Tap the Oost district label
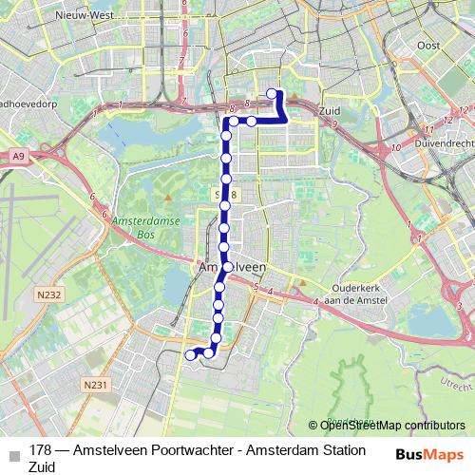pyautogui.click(x=429, y=45)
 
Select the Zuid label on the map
pyautogui.click(x=332, y=111)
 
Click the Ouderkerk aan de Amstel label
pyautogui.click(x=355, y=293)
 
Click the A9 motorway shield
pyautogui.click(x=19, y=154)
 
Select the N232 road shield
pyautogui.click(x=49, y=294)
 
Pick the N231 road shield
pyautogui.click(x=91, y=385)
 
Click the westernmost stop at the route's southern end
pyautogui.click(x=190, y=355)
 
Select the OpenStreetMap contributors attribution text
pyautogui.click(x=392, y=425)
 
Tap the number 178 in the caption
pyautogui.click(x=41, y=449)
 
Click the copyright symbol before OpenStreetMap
pyautogui.click(x=313, y=425)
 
